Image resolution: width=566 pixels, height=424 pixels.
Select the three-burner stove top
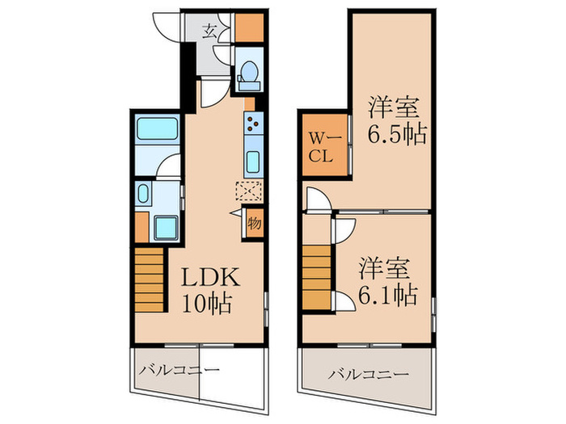point(252,124)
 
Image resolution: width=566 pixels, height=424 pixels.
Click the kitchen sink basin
point(252,159)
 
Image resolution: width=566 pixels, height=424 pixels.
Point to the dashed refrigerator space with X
point(250,191)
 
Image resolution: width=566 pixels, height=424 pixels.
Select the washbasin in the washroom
point(142,194)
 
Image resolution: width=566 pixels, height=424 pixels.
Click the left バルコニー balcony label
point(178,371)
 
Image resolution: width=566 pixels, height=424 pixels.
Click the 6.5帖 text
point(398,132)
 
